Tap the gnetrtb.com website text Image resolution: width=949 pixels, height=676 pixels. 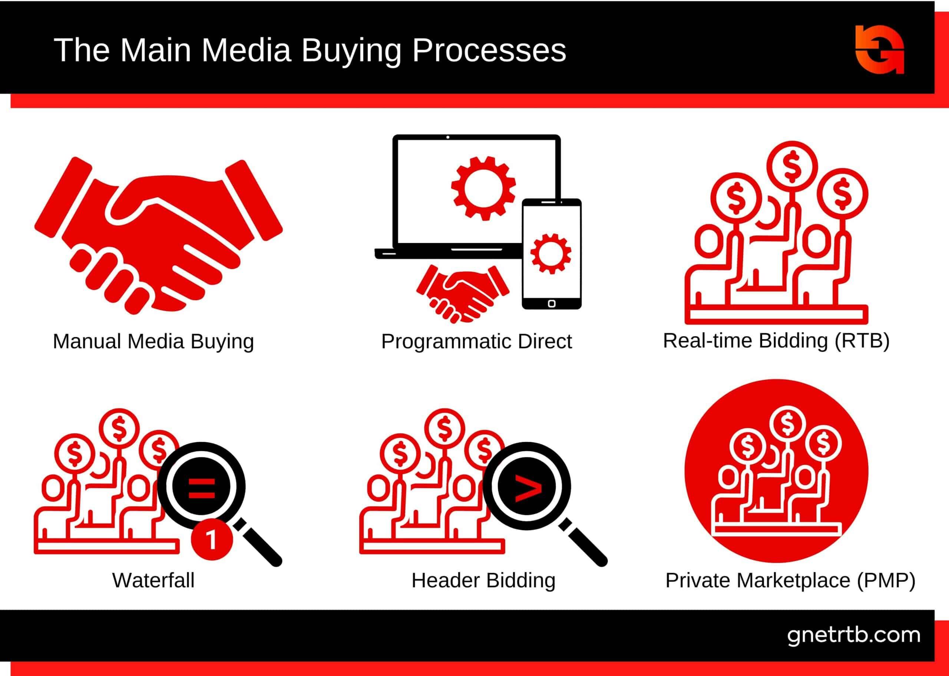(854, 635)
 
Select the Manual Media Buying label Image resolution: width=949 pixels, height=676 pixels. (153, 341)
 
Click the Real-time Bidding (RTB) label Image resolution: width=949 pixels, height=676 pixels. (776, 341)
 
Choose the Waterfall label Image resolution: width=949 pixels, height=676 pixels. (153, 580)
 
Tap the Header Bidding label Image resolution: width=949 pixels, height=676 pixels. (483, 580)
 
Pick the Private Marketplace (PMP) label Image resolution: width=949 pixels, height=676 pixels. (790, 580)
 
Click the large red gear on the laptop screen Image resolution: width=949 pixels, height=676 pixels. (483, 188)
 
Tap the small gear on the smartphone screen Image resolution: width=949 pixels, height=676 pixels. (550, 254)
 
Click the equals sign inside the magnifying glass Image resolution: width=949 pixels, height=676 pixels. (201, 488)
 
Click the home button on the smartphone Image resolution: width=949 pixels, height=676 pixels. (552, 304)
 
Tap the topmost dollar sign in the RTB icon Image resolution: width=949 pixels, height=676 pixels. (792, 165)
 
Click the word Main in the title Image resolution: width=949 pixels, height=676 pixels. (156, 50)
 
